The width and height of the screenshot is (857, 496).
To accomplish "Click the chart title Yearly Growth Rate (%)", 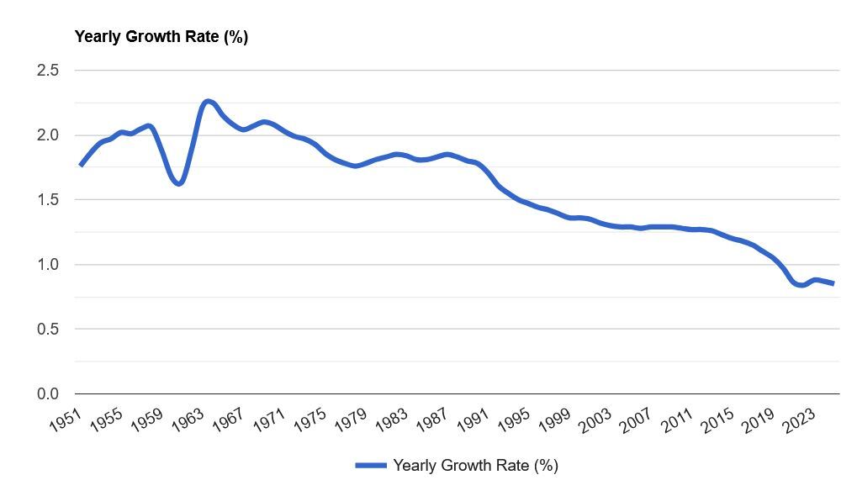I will pos(161,37).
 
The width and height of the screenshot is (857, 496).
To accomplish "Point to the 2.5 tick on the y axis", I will pos(48,71).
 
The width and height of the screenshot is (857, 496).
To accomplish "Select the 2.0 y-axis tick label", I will pos(48,135).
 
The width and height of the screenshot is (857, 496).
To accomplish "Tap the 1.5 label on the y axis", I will pos(48,200).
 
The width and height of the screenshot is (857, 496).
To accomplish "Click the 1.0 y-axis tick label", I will pos(48,265).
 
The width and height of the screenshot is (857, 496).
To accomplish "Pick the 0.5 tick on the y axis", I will pos(48,330).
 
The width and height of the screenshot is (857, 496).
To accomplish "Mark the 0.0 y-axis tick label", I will pos(48,394).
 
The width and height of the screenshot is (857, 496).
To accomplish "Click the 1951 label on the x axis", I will pos(65,418).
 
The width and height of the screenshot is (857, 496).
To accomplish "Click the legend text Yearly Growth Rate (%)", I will pos(475,465).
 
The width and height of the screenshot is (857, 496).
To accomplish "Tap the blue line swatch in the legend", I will pos(370,465).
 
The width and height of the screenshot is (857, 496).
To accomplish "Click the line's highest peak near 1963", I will pos(208,102).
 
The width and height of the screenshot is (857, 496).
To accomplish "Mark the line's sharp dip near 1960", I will pos(178,183).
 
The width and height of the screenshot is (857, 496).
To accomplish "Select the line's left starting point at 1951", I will pos(81,165).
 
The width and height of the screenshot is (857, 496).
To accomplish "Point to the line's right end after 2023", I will pos(833,283).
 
